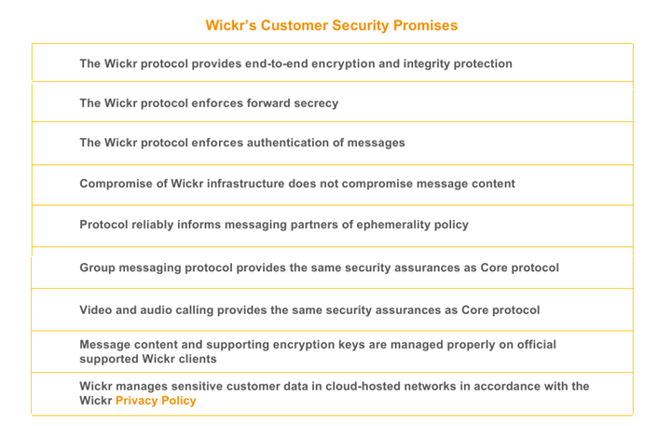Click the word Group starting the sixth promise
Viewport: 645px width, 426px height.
pyautogui.click(x=98, y=268)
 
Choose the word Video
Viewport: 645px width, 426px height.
pyautogui.click(x=97, y=310)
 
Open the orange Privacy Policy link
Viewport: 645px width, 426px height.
pyautogui.click(x=156, y=401)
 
